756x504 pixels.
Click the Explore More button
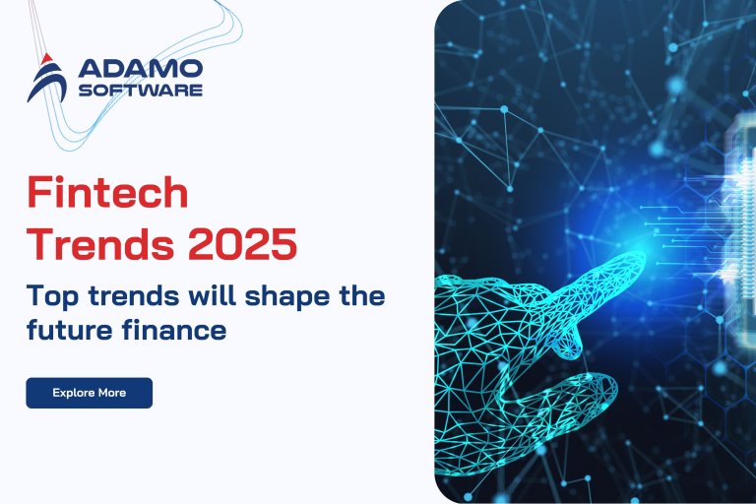(89, 392)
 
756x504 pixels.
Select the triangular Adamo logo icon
(47, 79)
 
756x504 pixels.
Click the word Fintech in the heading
(106, 192)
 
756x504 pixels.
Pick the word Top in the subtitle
(48, 295)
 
